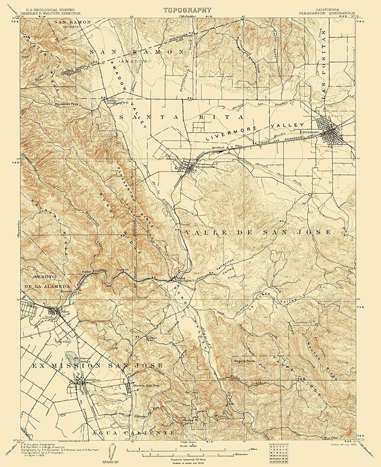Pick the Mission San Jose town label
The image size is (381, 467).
pos(146,386)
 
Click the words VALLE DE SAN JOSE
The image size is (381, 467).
pos(258,232)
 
